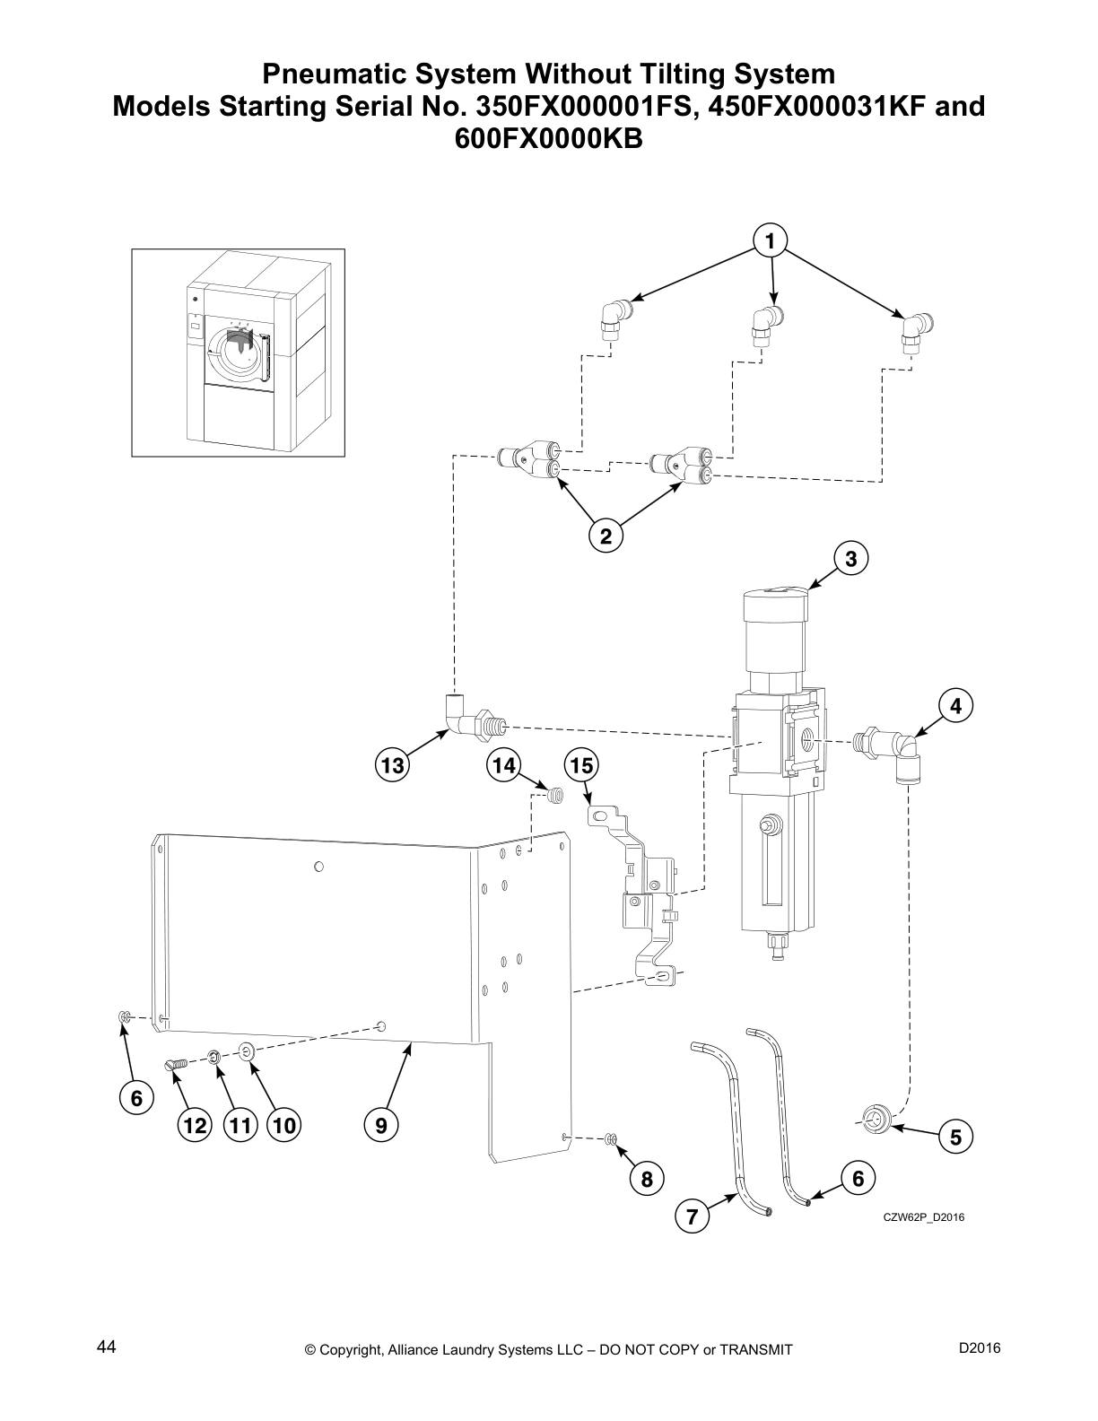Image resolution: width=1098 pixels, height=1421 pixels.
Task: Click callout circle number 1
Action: [770, 240]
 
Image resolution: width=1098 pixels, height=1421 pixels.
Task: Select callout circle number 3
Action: [850, 559]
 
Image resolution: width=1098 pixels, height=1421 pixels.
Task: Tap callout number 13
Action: [392, 765]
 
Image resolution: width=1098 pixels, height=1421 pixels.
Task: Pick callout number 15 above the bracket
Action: [581, 765]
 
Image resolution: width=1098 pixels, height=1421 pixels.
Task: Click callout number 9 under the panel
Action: [381, 1125]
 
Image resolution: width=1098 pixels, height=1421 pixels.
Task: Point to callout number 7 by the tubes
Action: [693, 1217]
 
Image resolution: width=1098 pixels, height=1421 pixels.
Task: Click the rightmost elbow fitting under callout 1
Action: [914, 329]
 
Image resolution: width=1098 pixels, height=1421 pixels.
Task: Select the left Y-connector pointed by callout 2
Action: [531, 462]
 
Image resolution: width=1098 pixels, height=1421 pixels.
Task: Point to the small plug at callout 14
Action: [555, 795]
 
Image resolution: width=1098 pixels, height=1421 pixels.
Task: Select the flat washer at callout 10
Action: [248, 1049]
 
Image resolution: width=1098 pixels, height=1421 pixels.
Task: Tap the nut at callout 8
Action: [611, 1139]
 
